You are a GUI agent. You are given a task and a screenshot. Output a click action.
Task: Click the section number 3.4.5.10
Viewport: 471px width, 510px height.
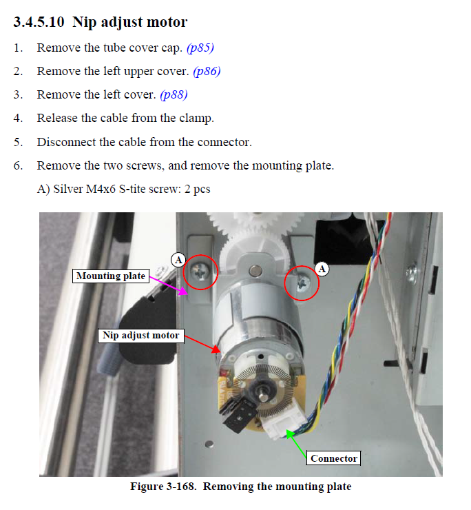(x=39, y=22)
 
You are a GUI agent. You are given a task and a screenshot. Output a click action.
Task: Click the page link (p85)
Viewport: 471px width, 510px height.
(x=200, y=48)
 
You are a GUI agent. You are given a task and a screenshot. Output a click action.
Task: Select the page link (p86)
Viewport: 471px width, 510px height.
(x=207, y=71)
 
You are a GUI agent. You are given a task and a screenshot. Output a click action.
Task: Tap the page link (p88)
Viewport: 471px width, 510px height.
(x=174, y=94)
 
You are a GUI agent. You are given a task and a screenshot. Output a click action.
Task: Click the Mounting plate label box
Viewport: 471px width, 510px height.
(x=111, y=276)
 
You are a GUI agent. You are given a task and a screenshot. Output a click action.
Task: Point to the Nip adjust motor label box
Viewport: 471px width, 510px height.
(x=141, y=336)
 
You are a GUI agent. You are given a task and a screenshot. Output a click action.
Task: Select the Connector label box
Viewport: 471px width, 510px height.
(x=334, y=458)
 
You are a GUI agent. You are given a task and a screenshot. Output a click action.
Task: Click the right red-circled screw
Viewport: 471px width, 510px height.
(x=302, y=283)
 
